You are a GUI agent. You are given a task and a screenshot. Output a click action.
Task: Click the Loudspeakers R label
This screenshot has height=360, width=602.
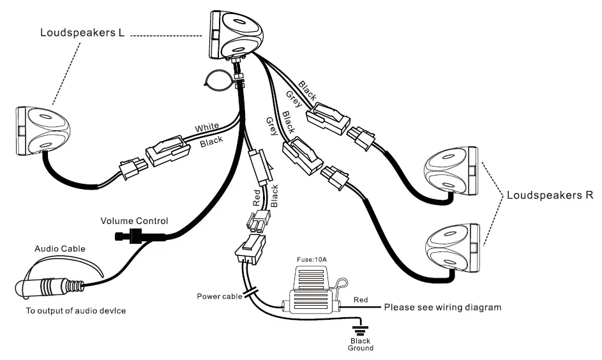click(x=550, y=195)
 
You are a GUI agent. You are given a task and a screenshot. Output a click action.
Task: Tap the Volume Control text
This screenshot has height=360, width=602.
click(x=135, y=221)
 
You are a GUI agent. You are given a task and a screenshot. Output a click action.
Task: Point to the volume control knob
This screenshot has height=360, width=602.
click(x=132, y=236)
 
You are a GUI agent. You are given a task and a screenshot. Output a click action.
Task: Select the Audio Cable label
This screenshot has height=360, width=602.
click(x=59, y=248)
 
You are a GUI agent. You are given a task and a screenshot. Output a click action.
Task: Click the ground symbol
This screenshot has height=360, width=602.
click(x=360, y=329)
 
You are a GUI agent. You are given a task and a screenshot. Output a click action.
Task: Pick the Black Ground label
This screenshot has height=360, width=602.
click(x=360, y=344)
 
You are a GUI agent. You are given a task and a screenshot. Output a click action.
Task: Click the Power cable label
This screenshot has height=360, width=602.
click(x=218, y=296)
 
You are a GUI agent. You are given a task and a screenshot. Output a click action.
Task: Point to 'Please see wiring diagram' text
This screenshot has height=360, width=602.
click(x=442, y=307)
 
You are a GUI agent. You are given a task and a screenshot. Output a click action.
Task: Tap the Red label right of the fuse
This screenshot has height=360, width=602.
click(x=361, y=299)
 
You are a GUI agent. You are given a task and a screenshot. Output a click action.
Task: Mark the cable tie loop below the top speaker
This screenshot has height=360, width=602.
click(x=216, y=80)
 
